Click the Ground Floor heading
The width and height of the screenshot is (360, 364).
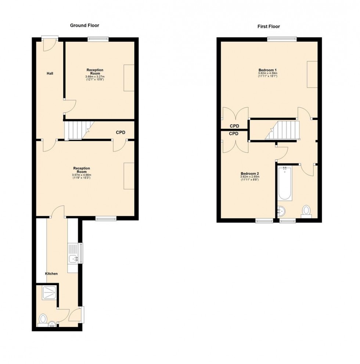(84, 25)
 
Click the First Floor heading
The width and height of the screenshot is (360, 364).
(269, 26)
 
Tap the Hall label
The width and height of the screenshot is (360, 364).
(50, 74)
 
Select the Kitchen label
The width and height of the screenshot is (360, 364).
(51, 274)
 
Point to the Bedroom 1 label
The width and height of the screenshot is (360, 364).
(267, 70)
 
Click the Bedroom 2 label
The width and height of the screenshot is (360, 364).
(250, 174)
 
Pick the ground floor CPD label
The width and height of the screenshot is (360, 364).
(121, 132)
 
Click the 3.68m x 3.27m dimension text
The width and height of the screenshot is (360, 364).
(95, 76)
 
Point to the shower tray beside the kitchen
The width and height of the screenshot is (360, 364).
(49, 292)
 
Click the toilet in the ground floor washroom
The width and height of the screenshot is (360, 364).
(43, 318)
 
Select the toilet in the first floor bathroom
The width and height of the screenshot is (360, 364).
(306, 211)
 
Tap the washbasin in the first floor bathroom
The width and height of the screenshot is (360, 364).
(282, 211)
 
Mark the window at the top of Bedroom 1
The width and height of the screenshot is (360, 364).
(282, 38)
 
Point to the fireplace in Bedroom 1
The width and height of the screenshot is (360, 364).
(312, 74)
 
